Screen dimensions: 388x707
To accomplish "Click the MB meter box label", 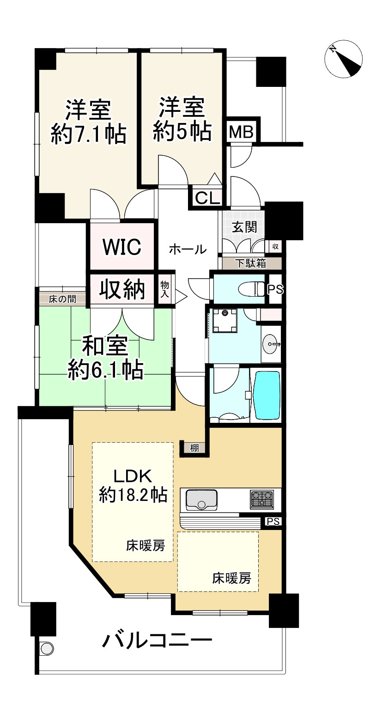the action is pyautogui.click(x=241, y=132).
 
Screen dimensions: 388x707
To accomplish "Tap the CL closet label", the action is pyautogui.click(x=207, y=199).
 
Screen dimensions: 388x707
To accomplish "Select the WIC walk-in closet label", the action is pyautogui.click(x=122, y=247).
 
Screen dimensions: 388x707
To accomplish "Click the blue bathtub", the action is pyautogui.click(x=267, y=395).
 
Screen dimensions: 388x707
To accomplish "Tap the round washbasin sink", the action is pyautogui.click(x=271, y=344).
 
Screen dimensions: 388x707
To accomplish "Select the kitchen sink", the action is pyautogui.click(x=201, y=500).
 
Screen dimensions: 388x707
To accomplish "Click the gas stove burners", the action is pyautogui.click(x=262, y=500).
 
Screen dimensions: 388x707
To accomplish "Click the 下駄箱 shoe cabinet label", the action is pyautogui.click(x=251, y=263).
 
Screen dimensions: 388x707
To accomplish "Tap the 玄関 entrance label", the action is pyautogui.click(x=244, y=227).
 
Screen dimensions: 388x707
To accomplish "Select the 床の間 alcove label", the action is pyautogui.click(x=62, y=299).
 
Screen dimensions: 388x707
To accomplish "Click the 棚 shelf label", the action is pyautogui.click(x=194, y=447).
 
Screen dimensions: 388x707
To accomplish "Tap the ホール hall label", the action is pyautogui.click(x=188, y=250).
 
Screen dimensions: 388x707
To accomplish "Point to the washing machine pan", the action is pyautogui.click(x=225, y=321).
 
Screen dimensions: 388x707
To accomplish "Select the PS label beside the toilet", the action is pyautogui.click(x=276, y=289).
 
